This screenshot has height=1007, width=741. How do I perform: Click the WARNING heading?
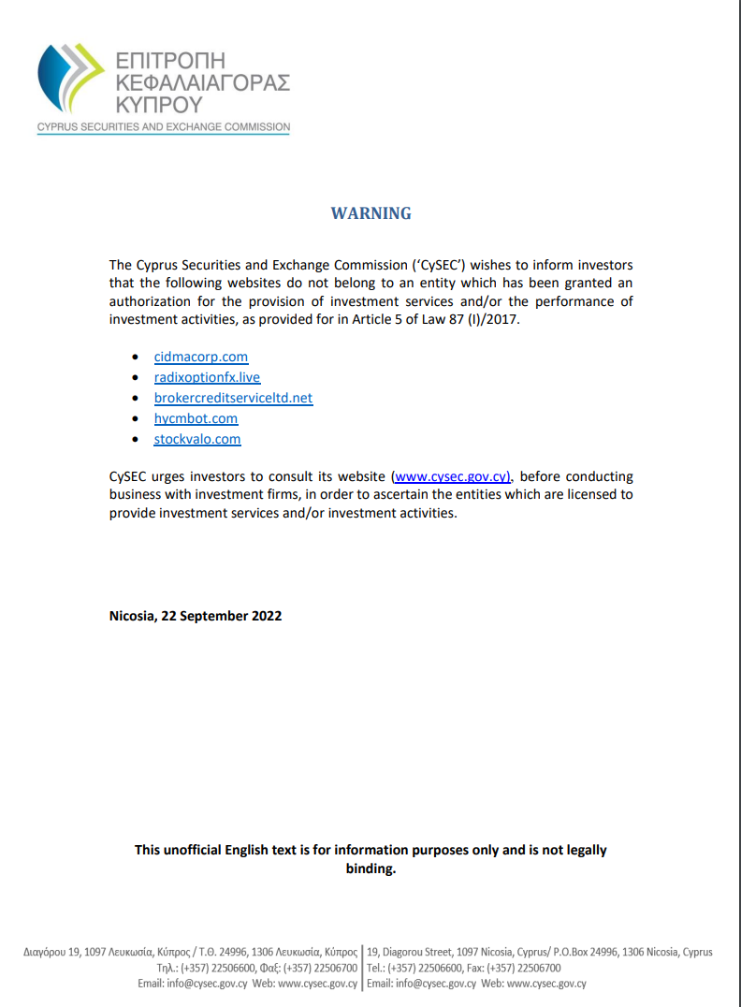coord(370,213)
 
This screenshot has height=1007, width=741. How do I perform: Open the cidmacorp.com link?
coord(201,357)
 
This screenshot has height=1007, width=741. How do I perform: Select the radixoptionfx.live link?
coord(207,377)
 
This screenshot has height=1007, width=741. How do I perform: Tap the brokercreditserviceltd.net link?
coord(233,398)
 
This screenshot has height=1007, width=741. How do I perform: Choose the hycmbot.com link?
coord(196,418)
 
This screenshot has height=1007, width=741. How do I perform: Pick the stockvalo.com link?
coord(197,439)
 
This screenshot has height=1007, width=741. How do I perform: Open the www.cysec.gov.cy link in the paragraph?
coord(451,476)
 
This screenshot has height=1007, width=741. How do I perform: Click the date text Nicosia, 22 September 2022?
coord(196,616)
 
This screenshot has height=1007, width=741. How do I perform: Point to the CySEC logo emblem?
coord(71,80)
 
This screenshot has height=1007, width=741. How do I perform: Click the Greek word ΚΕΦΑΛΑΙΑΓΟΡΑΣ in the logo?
coord(201,82)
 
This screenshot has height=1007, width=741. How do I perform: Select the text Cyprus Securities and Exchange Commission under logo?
coord(164,127)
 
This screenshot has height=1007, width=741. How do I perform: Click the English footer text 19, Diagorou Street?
coord(411,952)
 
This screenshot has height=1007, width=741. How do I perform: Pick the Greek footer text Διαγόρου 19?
coord(51,952)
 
